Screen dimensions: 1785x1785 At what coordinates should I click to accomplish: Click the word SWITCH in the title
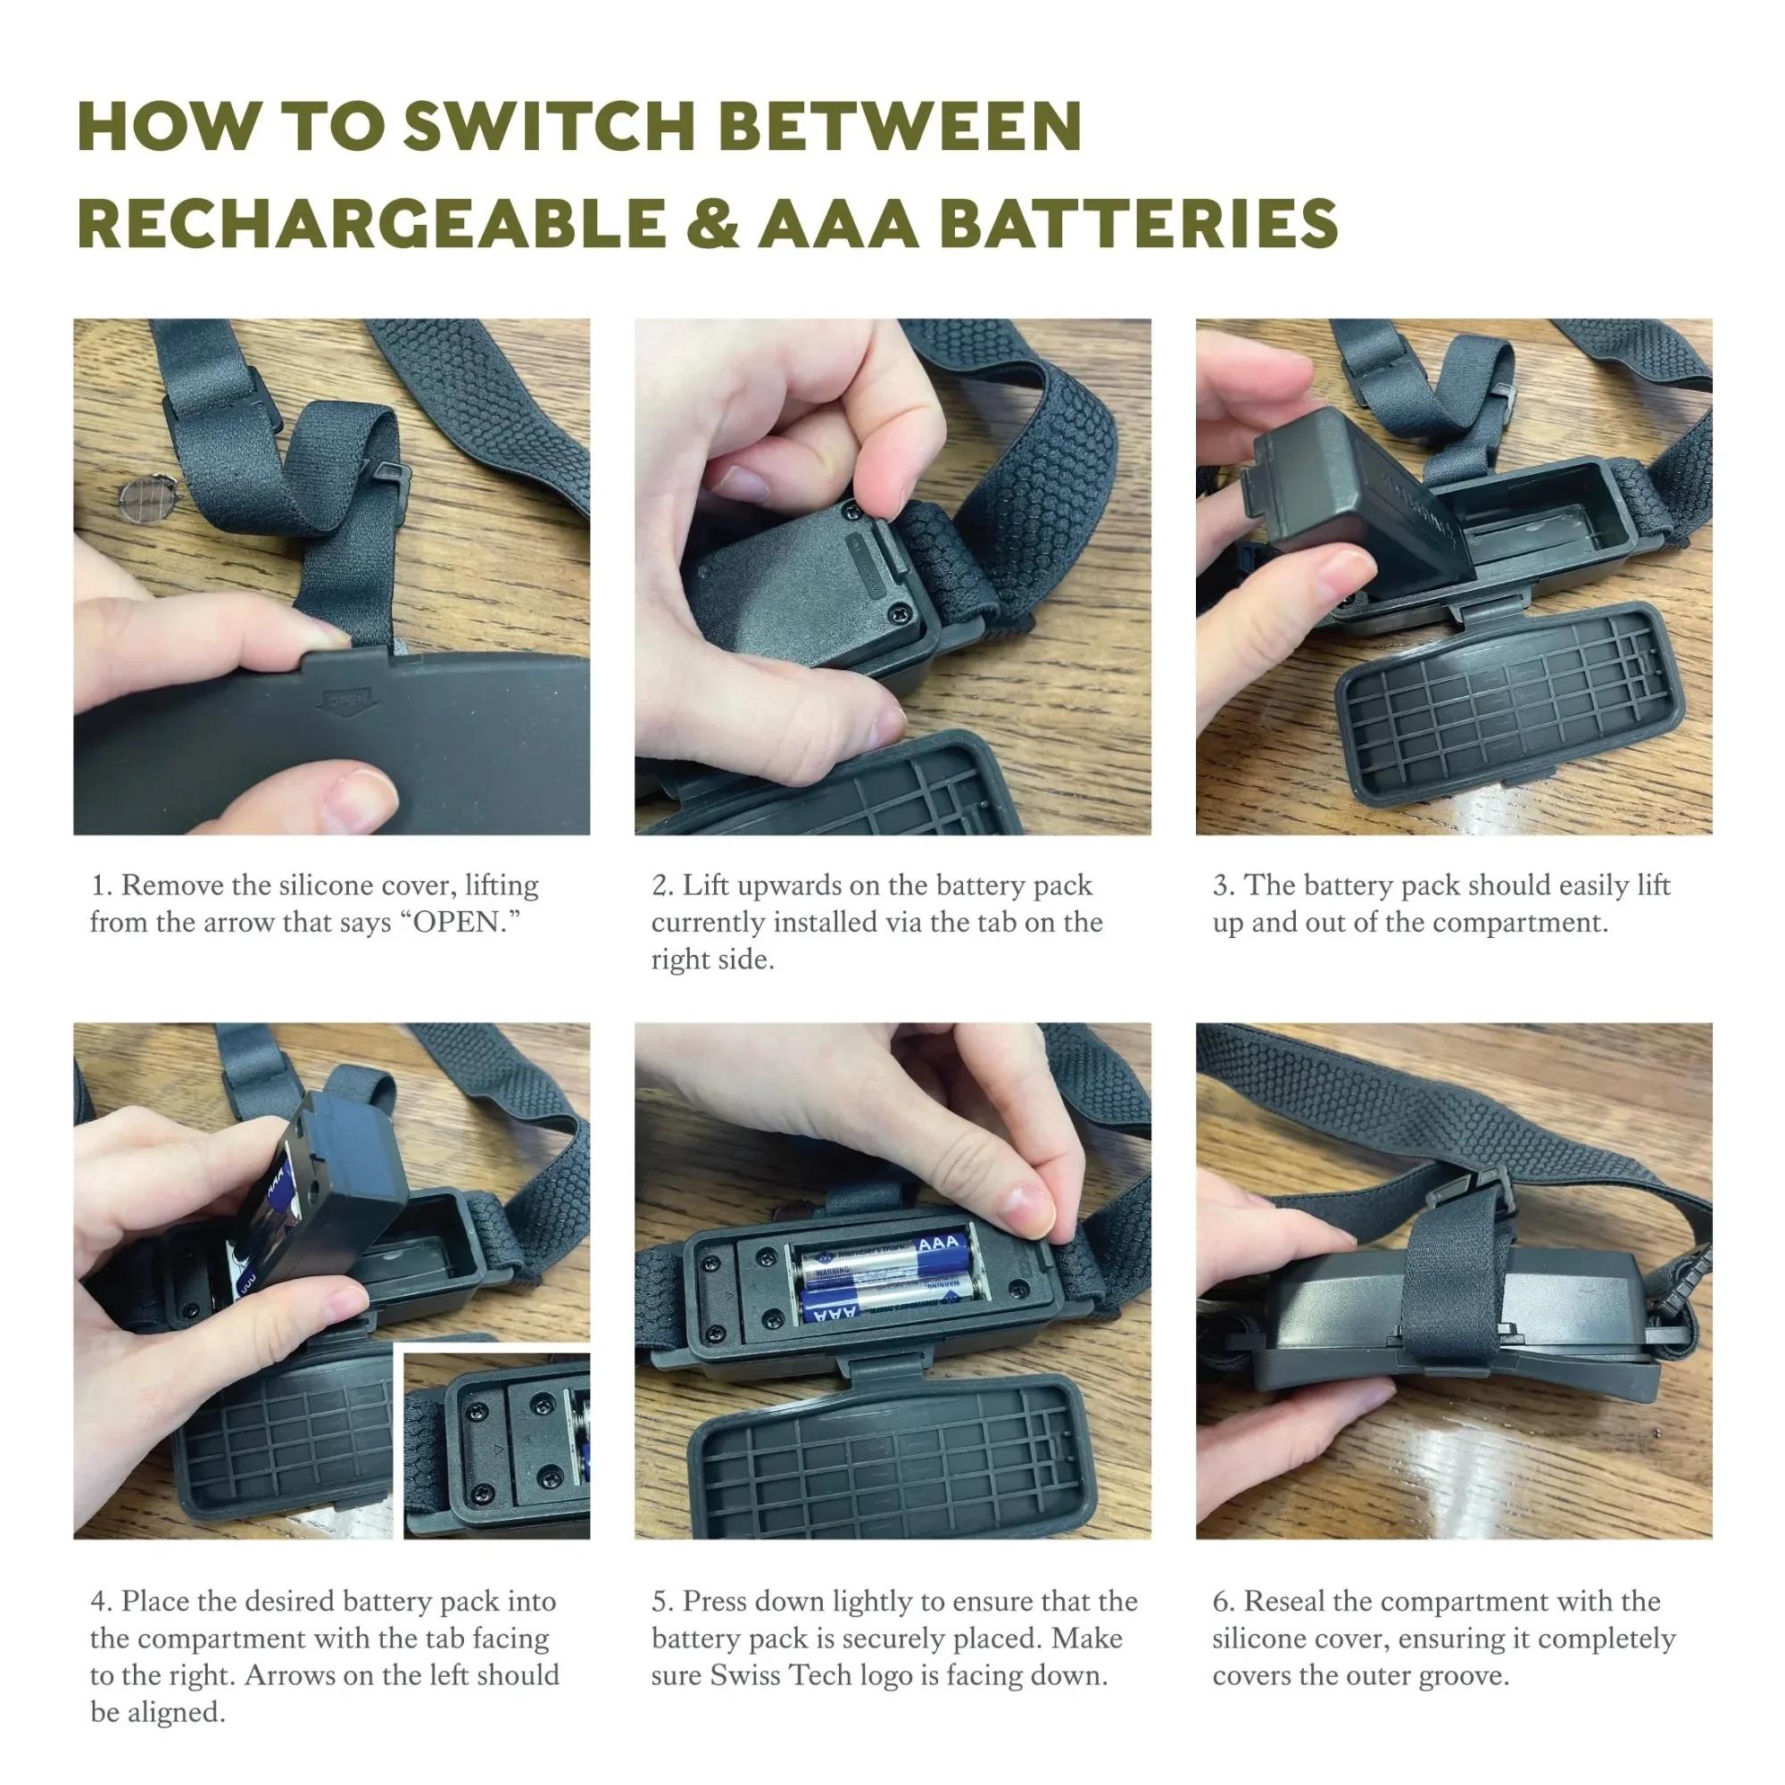[x=549, y=126]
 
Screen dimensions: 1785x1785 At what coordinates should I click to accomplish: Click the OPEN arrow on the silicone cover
[x=346, y=702]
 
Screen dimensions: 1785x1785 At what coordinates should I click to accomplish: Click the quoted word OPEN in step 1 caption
[x=467, y=922]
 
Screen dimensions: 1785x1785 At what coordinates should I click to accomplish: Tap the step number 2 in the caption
[x=661, y=885]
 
